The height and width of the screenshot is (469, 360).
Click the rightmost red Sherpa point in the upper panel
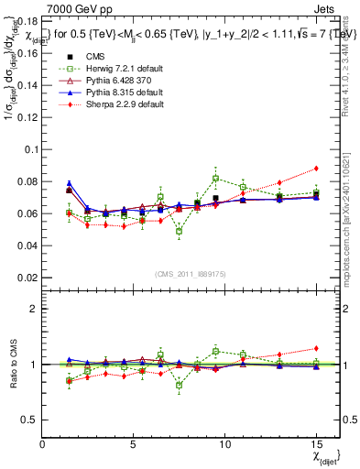click(x=316, y=168)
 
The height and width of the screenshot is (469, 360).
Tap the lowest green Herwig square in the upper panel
click(x=180, y=232)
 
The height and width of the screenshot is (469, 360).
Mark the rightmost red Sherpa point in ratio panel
click(x=316, y=348)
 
